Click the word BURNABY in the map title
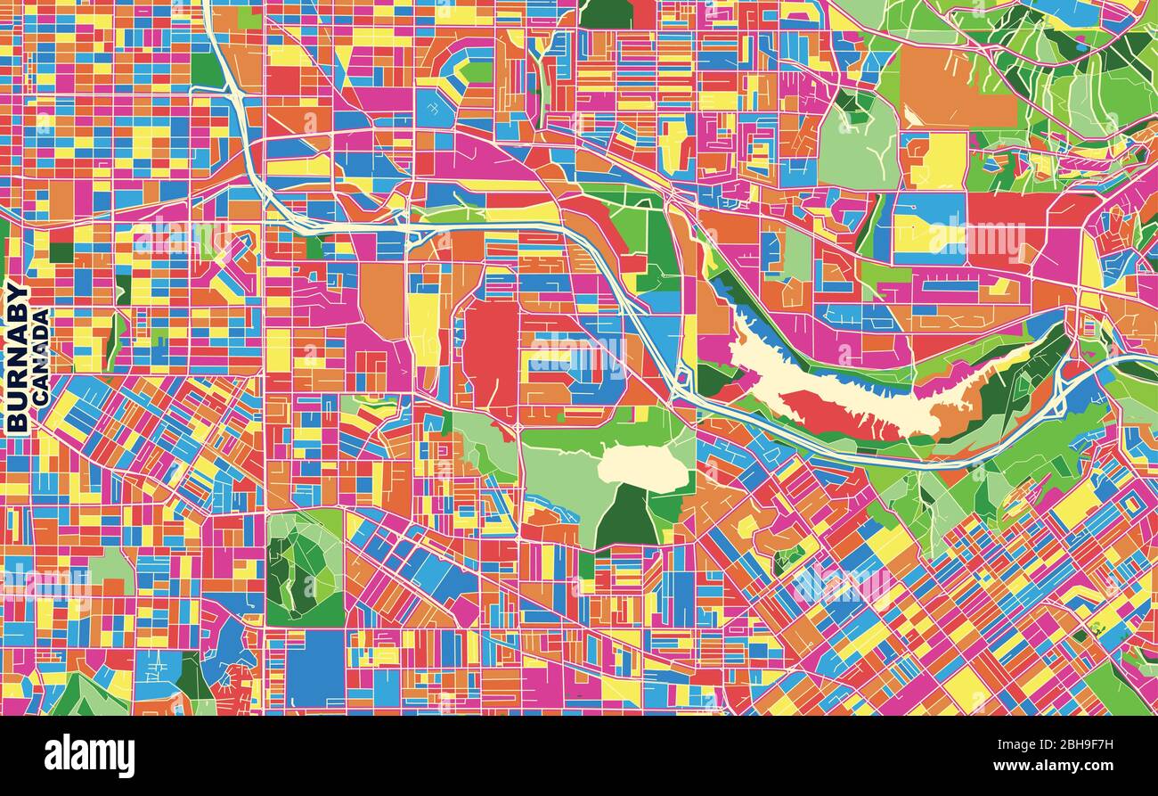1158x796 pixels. pyautogui.click(x=17, y=357)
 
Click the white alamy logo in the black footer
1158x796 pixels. pyautogui.click(x=89, y=755)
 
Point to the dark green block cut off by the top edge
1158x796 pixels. pyautogui.click(x=605, y=12)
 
